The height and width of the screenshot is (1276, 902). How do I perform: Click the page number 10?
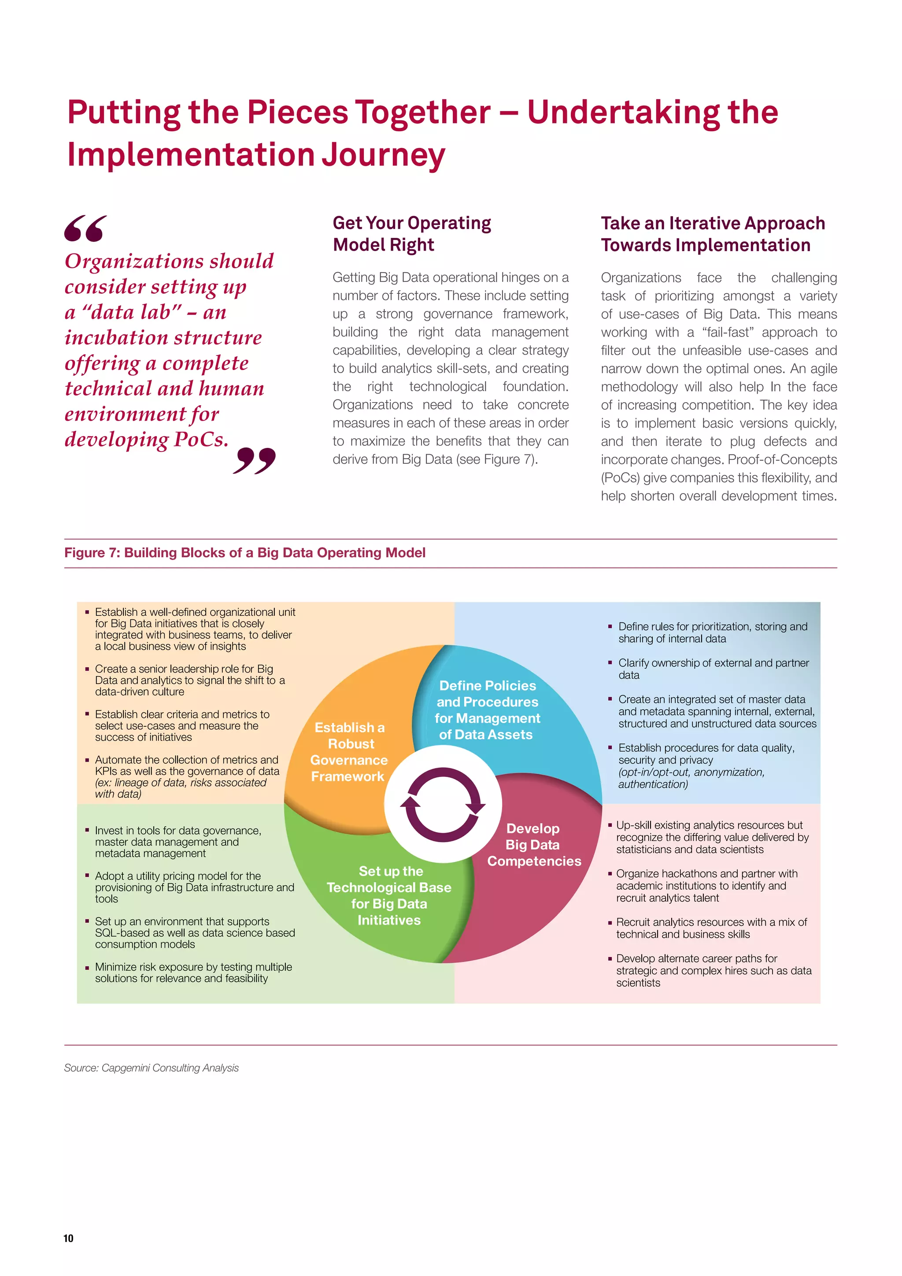click(x=68, y=1238)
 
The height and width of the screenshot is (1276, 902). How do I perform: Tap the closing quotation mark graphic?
click(x=255, y=461)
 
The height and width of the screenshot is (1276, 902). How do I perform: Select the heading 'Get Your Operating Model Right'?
click(x=411, y=233)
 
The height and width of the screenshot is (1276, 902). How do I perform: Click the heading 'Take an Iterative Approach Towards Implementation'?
click(x=713, y=234)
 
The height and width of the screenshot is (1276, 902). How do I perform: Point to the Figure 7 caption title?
click(x=244, y=552)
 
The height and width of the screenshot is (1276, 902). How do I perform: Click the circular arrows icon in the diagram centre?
click(x=443, y=804)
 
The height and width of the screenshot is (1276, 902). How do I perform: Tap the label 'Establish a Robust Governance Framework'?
click(x=348, y=751)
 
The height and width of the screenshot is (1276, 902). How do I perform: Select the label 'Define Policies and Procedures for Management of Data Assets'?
click(x=487, y=710)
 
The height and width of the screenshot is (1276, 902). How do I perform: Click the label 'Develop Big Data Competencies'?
click(x=533, y=844)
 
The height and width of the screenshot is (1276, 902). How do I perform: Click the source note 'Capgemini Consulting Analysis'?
click(x=151, y=1068)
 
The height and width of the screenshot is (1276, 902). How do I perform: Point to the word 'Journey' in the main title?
click(x=384, y=155)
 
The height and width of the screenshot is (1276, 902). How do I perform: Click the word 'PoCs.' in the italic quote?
click(x=201, y=439)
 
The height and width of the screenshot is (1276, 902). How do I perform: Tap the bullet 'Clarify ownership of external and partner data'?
click(x=713, y=669)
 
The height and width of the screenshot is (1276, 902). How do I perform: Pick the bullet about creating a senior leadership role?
click(x=189, y=680)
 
